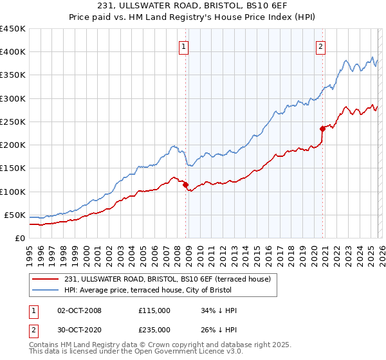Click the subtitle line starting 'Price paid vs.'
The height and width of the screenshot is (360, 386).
[x=193, y=19]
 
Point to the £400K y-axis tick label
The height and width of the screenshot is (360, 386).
[x=13, y=52]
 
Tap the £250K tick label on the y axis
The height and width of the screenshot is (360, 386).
[x=13, y=122]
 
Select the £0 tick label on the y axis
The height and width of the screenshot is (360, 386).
[x=19, y=238]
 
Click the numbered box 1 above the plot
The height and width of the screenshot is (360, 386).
[x=184, y=46]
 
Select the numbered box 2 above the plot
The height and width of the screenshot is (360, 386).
[x=320, y=46]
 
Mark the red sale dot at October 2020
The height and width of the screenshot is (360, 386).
[x=322, y=129]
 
